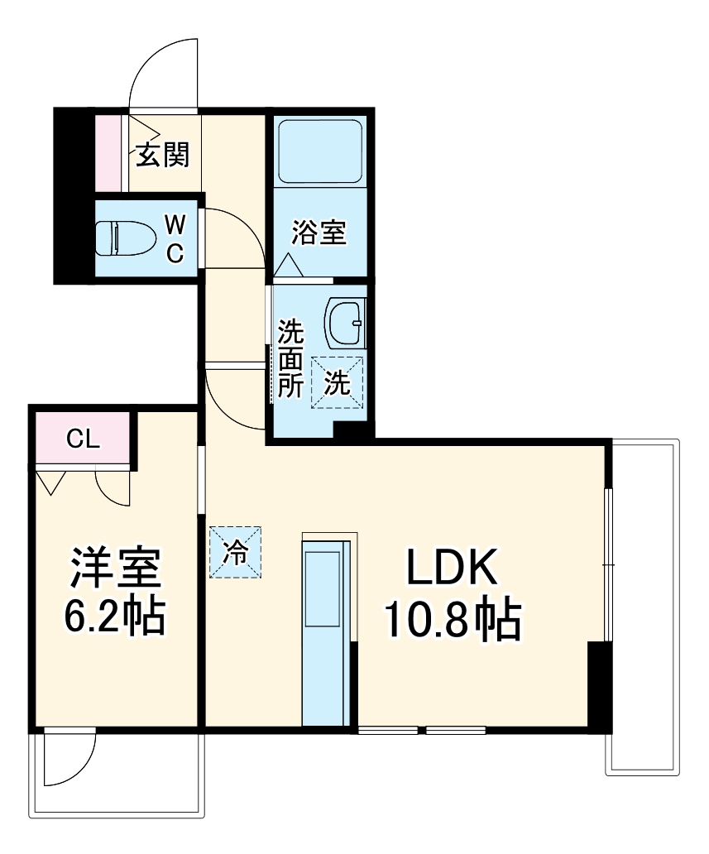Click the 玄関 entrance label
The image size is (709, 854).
(x=163, y=155)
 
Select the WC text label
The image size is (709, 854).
(x=175, y=238)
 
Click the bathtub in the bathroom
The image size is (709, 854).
(x=319, y=151)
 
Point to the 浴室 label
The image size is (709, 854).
(x=319, y=233)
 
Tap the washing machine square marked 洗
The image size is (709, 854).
(x=337, y=382)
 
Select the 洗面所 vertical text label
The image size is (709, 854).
(x=290, y=359)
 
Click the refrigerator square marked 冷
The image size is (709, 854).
(x=235, y=552)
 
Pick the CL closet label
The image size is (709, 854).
(x=83, y=439)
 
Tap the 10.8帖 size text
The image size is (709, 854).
(x=451, y=621)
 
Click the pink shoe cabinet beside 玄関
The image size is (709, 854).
(x=108, y=153)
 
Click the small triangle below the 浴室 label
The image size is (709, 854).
(x=288, y=266)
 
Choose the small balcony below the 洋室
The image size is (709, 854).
(x=116, y=774)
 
